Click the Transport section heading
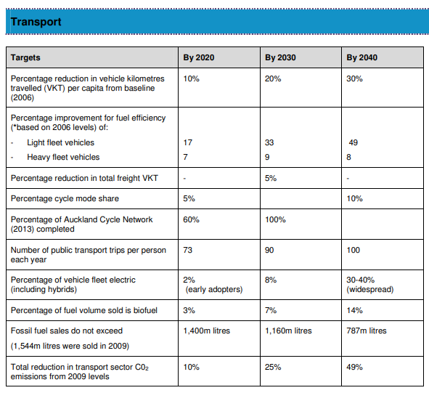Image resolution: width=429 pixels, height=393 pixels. (36, 22)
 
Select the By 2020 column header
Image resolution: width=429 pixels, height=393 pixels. (199, 57)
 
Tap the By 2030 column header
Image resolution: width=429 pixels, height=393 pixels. (280, 57)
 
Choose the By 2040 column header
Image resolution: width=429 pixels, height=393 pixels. (362, 57)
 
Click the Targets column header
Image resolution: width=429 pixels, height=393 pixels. (25, 58)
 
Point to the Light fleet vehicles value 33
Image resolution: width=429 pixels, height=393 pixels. (269, 142)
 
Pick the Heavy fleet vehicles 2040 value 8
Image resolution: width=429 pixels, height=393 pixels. (348, 157)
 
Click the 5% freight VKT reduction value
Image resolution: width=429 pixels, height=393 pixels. (271, 178)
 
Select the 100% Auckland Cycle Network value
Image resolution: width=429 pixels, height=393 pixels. (275, 219)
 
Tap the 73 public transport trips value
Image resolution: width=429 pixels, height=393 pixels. (188, 250)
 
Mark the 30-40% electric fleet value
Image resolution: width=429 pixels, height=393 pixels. (360, 280)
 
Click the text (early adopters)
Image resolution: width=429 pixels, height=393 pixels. (214, 289)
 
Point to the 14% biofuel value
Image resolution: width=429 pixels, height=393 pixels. (354, 310)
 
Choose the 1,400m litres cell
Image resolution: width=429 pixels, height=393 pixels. (207, 331)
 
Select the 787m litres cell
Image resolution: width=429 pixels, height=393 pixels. (367, 331)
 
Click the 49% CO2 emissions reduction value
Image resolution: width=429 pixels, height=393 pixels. (354, 367)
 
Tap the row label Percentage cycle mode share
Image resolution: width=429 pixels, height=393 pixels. (65, 198)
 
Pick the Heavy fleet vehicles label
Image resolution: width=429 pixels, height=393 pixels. (63, 157)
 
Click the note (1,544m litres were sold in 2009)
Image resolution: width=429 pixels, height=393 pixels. (70, 346)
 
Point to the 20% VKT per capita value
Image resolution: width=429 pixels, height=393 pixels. (273, 78)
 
